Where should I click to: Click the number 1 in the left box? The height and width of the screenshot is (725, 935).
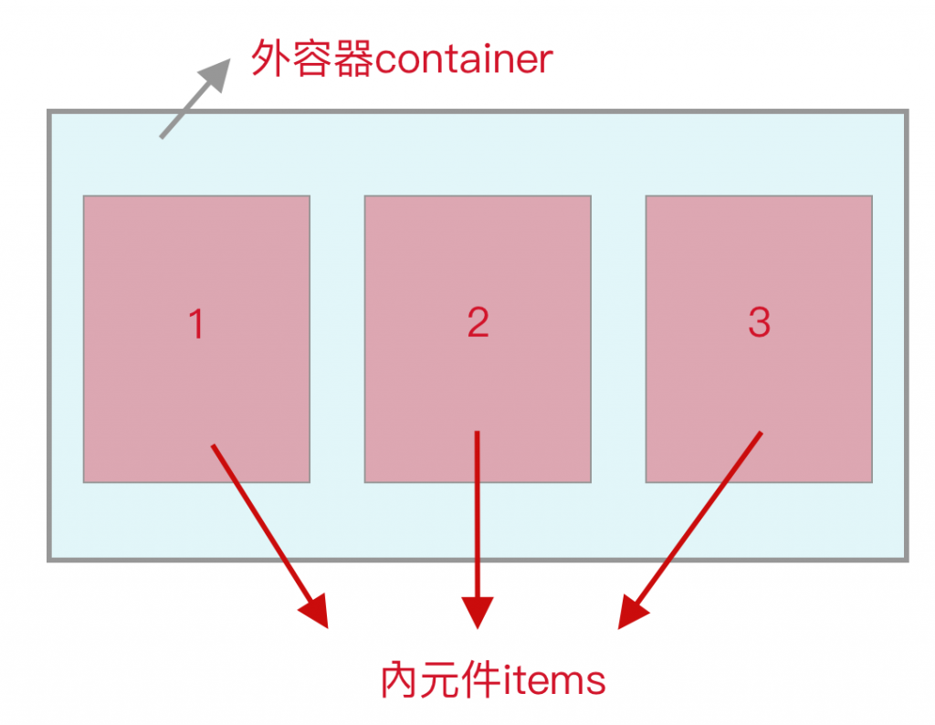(x=195, y=324)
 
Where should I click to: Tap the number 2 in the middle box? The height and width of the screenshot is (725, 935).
(x=478, y=322)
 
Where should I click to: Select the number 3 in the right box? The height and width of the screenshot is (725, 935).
(x=759, y=321)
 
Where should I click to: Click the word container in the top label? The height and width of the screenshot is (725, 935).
(x=464, y=60)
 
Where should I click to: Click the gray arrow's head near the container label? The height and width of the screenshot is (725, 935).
(x=219, y=69)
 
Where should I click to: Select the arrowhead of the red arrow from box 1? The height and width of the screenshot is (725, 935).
(x=316, y=614)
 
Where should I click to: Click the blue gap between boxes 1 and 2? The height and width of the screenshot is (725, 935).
(x=337, y=339)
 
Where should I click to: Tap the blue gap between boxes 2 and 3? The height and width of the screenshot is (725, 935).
(x=618, y=339)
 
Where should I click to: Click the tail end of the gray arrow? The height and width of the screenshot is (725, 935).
(x=162, y=137)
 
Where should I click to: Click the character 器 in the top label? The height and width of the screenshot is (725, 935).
(x=354, y=60)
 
